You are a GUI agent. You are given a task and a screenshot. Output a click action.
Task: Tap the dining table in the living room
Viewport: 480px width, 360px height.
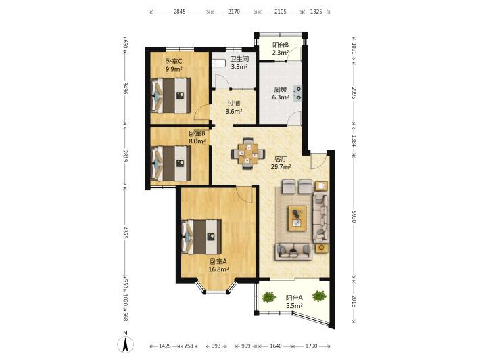(x=247, y=154)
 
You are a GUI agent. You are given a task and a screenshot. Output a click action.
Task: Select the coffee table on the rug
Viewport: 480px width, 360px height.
(x=297, y=218)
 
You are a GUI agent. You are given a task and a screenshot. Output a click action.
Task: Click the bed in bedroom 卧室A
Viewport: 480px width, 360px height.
(x=201, y=237)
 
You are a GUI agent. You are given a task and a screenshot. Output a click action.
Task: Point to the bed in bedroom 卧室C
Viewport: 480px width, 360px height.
(x=171, y=95)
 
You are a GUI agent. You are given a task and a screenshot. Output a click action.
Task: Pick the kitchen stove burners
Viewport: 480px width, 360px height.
(x=297, y=93)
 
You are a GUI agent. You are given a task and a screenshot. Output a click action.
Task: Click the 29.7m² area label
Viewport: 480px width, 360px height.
(x=281, y=167)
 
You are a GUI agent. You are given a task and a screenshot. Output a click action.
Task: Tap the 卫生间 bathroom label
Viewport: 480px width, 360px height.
(x=239, y=58)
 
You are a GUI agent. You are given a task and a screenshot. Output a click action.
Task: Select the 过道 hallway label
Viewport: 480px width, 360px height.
(x=234, y=104)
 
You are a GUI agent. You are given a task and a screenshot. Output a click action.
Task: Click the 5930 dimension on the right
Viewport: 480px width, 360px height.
(x=354, y=217)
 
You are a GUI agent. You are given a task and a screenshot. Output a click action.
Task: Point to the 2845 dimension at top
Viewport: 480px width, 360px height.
(x=179, y=12)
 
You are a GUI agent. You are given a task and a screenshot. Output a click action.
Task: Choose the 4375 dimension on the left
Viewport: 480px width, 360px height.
(x=125, y=233)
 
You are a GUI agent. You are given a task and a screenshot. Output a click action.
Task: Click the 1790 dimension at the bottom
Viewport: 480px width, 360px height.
(x=311, y=346)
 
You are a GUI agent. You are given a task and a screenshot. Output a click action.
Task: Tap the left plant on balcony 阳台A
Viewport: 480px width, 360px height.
(x=269, y=297)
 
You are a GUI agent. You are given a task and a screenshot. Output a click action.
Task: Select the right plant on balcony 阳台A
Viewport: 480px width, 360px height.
(x=319, y=296)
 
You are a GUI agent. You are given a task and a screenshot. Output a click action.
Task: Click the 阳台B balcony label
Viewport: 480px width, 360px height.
(x=281, y=45)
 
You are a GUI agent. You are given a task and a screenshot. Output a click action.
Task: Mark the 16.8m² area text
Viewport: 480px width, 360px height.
(x=218, y=269)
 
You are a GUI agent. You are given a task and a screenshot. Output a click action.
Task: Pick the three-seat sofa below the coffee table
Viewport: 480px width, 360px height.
(x=293, y=251)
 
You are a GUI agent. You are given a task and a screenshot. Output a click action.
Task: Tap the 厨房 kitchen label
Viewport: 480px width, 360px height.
(x=280, y=90)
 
